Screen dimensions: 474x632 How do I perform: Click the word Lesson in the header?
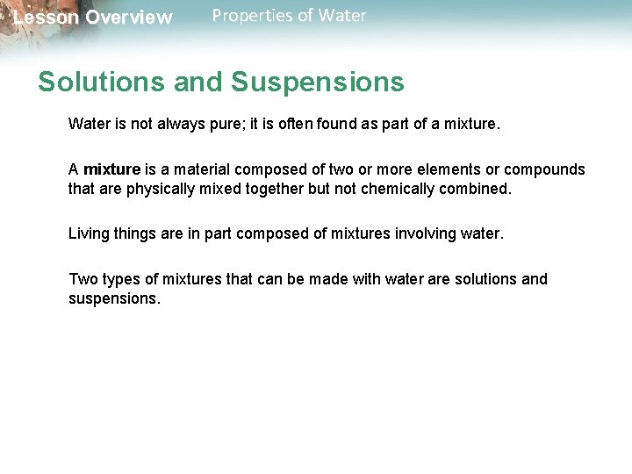pos(45,18)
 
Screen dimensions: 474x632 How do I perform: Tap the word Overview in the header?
pos(129,18)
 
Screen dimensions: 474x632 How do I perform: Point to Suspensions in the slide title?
pos(318,82)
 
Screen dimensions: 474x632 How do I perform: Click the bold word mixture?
pos(111,169)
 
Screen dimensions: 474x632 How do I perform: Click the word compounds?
pos(544,169)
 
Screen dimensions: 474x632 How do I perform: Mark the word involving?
pos(430,233)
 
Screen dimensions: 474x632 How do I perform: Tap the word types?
pos(121,279)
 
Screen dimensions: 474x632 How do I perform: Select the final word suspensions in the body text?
pos(114,298)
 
